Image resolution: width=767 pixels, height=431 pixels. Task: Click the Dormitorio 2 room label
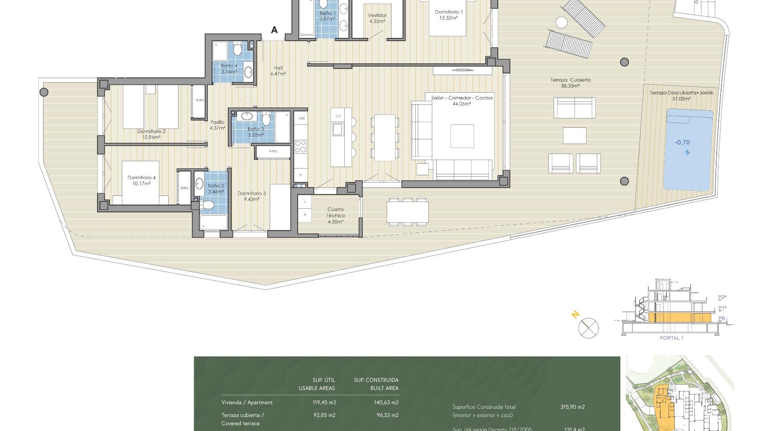coord(151,134)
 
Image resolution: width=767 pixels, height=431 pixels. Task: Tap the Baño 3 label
coord(256,132)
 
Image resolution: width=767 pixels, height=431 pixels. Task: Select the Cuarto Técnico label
coord(336,215)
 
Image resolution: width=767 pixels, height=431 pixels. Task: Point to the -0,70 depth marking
coord(682,142)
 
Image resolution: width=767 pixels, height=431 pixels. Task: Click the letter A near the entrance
coord(274,30)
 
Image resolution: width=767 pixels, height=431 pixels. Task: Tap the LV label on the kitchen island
coord(338,116)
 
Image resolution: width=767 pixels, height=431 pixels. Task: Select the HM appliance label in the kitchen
coord(301,119)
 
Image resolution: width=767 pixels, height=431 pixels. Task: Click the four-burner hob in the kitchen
coord(300,146)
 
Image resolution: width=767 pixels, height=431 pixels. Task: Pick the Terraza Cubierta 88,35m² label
coord(570,83)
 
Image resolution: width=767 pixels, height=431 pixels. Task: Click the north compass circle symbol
coord(588,328)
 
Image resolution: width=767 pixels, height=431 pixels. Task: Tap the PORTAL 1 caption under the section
coord(672,338)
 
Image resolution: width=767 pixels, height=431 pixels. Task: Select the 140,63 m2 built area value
coord(386,403)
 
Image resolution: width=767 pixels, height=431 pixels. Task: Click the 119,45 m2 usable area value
coord(324,403)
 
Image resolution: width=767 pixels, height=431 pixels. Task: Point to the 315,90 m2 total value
coord(572,407)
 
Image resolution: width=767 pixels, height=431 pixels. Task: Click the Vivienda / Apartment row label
coord(247,403)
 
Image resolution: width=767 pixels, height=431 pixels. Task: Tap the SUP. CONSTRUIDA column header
coord(376,380)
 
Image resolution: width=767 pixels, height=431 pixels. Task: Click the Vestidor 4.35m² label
coord(377,18)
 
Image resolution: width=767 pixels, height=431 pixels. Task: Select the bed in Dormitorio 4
coord(140,183)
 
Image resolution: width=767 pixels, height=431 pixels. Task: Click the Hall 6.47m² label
coord(278,71)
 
